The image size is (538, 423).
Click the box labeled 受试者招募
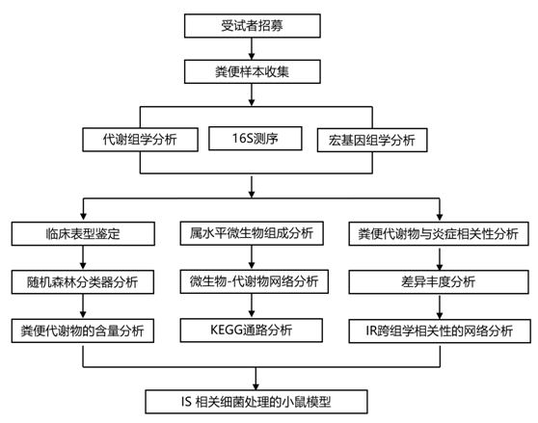253,26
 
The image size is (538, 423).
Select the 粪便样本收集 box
253,71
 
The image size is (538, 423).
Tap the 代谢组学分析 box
140,140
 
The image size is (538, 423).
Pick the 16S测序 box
256,139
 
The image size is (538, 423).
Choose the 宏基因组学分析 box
372,140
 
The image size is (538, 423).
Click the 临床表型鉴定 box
83,234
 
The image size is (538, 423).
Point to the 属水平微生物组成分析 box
252,233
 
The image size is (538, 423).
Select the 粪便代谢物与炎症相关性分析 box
439,234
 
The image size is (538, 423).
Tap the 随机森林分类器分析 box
83,282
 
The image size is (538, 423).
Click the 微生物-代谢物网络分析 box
254,281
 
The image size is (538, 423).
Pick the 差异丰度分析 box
439,282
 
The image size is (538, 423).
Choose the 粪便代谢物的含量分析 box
83,330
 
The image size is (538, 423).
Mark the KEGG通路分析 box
251,330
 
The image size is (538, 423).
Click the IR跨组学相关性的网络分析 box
440,331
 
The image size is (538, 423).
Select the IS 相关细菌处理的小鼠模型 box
256,402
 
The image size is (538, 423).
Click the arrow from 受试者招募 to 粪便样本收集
252,49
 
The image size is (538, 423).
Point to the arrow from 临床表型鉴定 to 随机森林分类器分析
83,258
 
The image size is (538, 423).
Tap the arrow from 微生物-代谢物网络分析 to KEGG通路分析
252,305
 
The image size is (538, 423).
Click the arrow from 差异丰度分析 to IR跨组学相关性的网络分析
440,306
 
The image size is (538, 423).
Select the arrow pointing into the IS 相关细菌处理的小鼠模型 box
256,379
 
